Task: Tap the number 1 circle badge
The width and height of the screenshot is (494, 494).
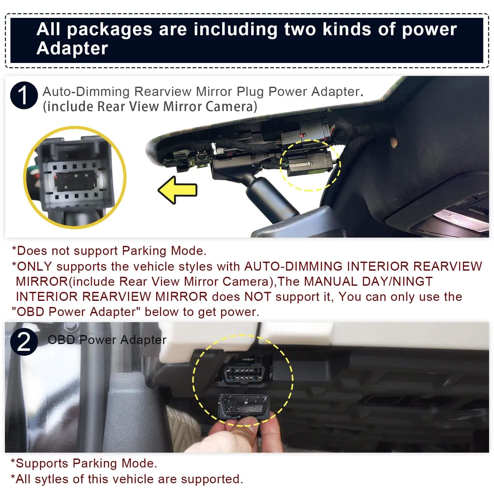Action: pos(24,95)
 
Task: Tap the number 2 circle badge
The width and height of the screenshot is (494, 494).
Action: pos(24,342)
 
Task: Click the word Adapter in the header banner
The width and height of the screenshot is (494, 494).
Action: pos(72,48)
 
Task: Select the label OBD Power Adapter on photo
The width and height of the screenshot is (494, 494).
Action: pos(107,340)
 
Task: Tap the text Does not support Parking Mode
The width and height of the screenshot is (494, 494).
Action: pos(109,251)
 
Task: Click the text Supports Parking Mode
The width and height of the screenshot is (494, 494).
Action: pos(84,463)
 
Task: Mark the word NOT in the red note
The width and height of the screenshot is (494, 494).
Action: pos(257,297)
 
